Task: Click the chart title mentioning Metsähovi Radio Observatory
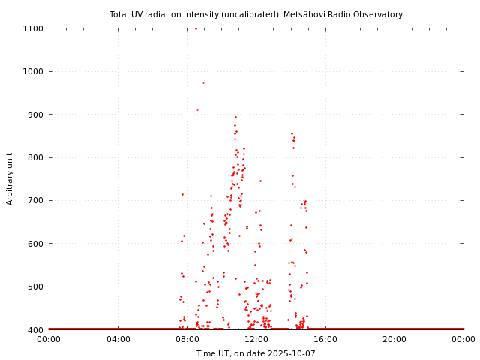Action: click(256, 14)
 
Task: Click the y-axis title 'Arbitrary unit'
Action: click(10, 178)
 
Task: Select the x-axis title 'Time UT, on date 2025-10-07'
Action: click(256, 353)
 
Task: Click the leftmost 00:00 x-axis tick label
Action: click(49, 339)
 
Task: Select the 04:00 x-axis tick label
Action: click(118, 339)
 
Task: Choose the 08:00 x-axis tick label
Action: click(187, 339)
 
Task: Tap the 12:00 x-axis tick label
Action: click(256, 339)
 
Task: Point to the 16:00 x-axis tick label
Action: click(325, 339)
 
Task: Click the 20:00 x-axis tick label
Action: click(394, 339)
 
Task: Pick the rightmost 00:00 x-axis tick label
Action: click(463, 339)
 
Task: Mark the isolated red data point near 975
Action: click(203, 82)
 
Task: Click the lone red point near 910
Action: click(197, 109)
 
